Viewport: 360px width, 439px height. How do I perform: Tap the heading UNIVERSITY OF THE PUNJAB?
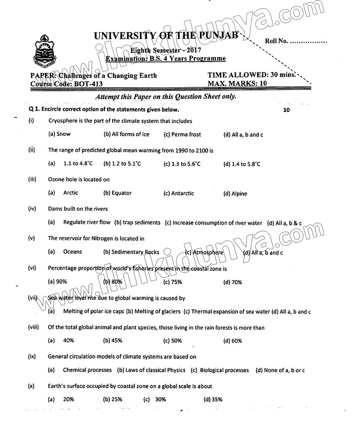(166, 36)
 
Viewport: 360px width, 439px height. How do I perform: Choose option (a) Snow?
(59, 134)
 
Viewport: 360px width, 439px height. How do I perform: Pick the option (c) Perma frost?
(182, 134)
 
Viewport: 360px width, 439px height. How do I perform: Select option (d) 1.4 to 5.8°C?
(242, 164)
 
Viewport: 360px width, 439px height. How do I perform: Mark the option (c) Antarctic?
(178, 193)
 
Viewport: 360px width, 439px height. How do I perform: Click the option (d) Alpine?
(235, 194)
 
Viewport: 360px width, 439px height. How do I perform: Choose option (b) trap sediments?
(137, 223)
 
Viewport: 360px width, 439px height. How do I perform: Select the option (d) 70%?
(233, 282)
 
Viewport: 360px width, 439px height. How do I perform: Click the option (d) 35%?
(213, 399)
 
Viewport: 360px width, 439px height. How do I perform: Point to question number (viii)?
(34, 328)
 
